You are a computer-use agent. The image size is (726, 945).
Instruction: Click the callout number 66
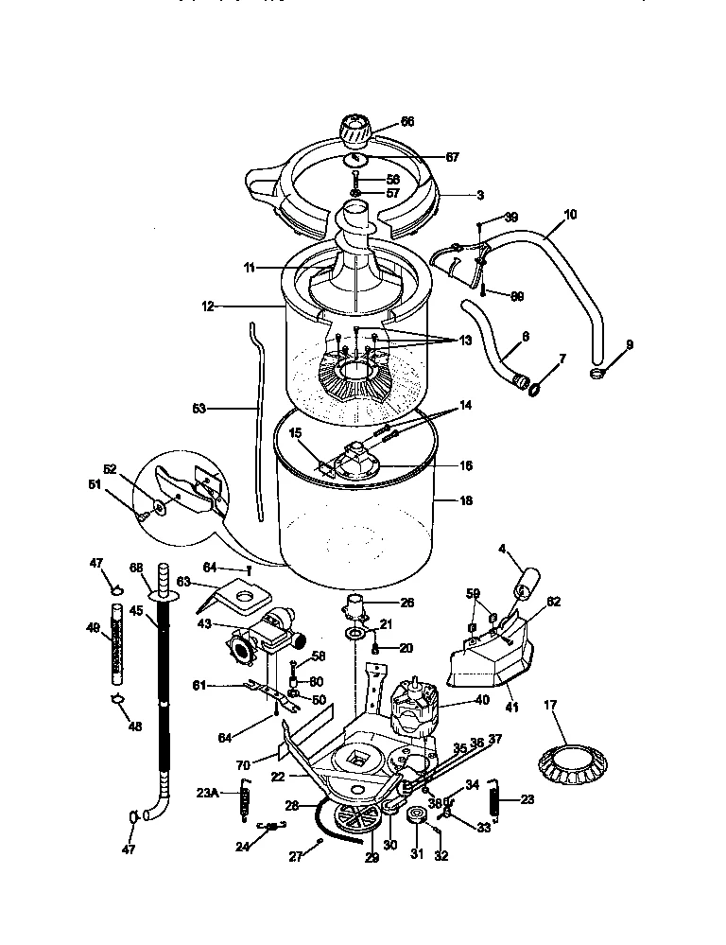tap(408, 122)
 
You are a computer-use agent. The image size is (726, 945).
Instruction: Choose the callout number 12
tap(208, 306)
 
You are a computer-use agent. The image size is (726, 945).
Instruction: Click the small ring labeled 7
tap(535, 387)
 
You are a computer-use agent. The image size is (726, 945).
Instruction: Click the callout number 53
tap(198, 410)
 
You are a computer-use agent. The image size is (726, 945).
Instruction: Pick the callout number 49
tap(93, 626)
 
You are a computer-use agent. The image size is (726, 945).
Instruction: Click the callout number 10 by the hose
tap(570, 215)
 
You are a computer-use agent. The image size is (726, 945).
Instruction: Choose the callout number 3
tap(480, 195)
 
